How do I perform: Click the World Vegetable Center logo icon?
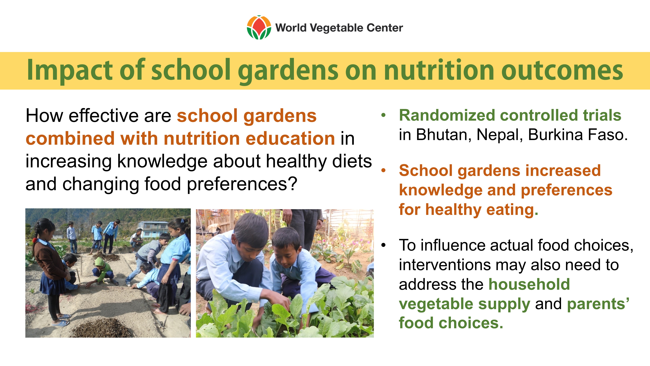click(259, 27)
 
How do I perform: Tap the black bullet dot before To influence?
click(384, 245)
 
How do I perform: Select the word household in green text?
click(529, 284)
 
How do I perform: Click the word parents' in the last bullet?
click(598, 304)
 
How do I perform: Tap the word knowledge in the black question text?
click(162, 162)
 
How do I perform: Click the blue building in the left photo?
click(153, 229)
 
